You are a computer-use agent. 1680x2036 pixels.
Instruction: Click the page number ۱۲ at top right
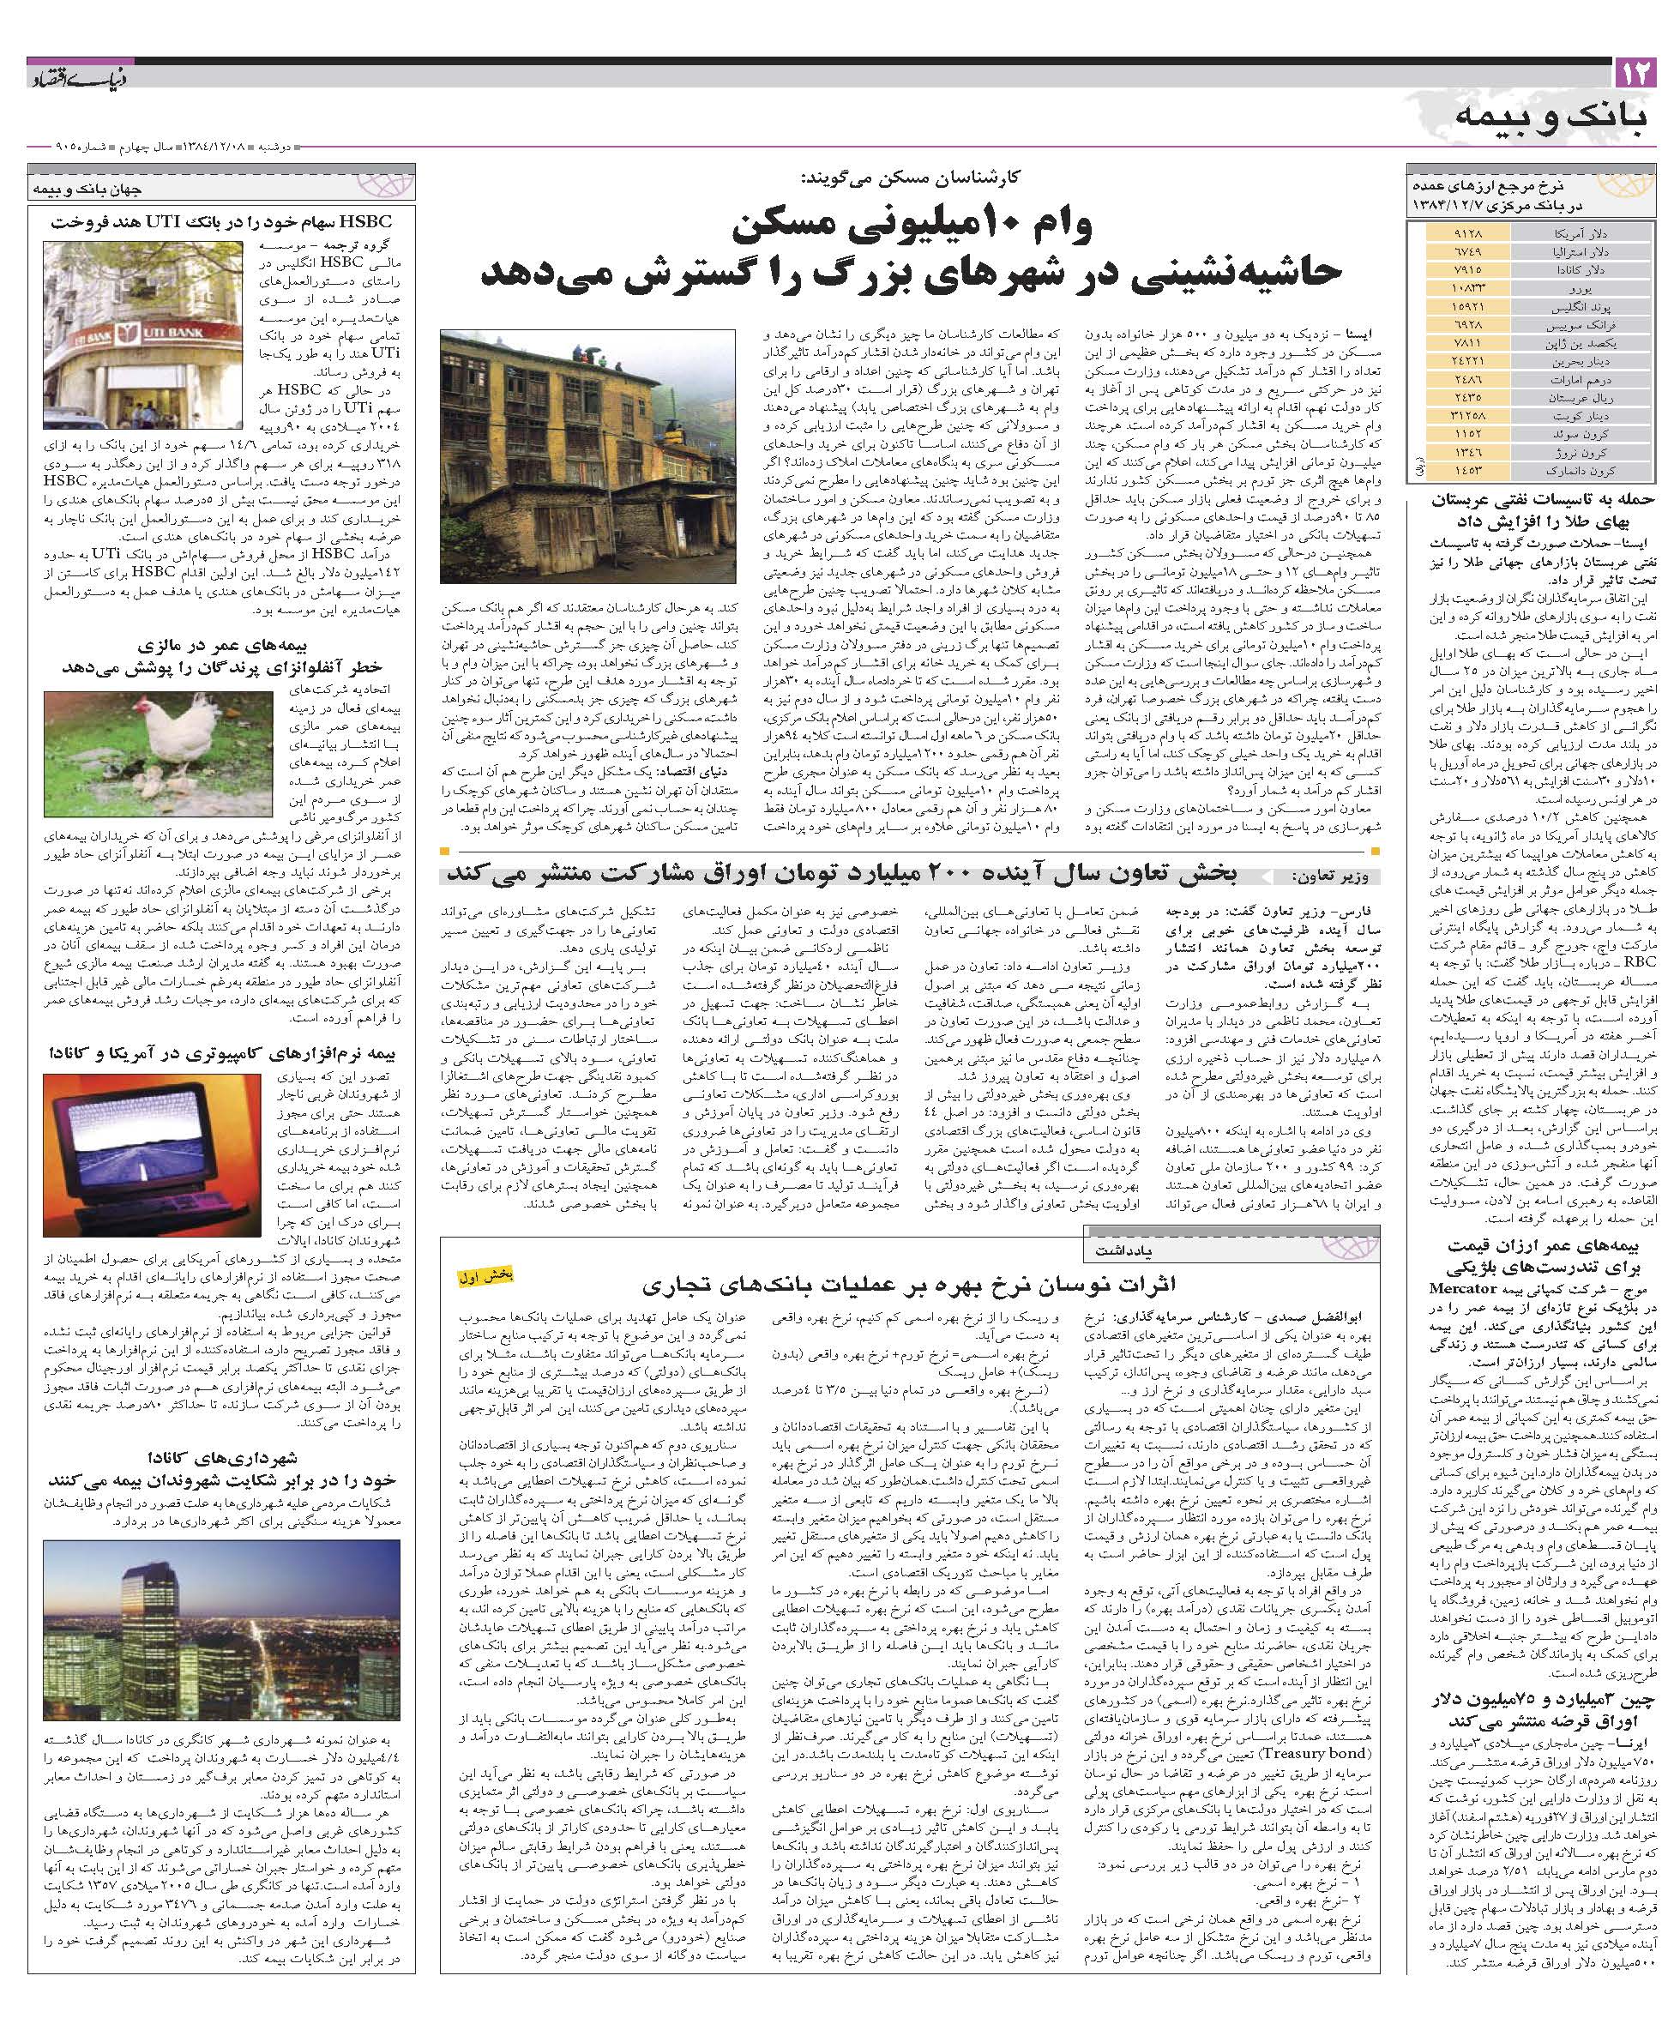coord(1635,73)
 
